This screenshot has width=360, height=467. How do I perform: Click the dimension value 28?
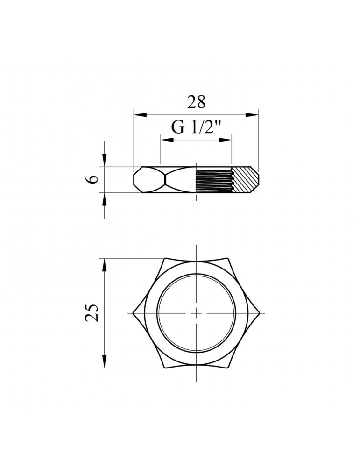point(196,102)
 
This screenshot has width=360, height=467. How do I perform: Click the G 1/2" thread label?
point(197,127)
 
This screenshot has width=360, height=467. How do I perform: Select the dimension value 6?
point(93,179)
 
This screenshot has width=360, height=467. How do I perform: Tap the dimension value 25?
point(92,313)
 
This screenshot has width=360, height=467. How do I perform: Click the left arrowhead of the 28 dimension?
point(141,115)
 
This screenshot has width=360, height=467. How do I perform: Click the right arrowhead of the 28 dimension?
point(252,115)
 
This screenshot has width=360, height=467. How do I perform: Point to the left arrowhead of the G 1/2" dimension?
point(167,140)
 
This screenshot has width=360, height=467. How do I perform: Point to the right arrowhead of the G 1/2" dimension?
point(225,140)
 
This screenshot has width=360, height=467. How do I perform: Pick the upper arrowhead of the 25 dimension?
point(104,265)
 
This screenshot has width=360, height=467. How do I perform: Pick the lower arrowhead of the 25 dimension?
point(104,361)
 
